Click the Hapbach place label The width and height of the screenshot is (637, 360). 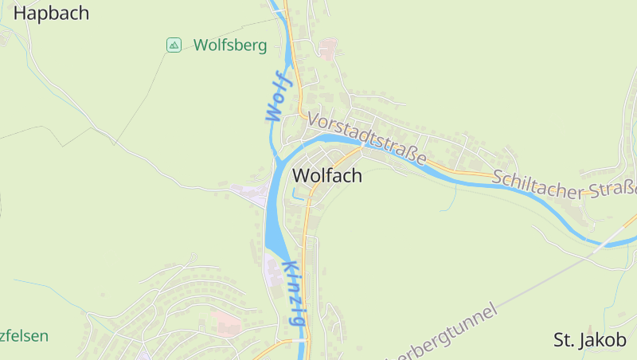pyautogui.click(x=51, y=13)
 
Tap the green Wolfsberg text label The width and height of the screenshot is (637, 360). pyautogui.click(x=229, y=45)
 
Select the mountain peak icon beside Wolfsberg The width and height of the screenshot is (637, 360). pyautogui.click(x=174, y=45)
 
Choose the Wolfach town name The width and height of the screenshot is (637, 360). pyautogui.click(x=327, y=175)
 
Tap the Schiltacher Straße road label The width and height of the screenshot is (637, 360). pyautogui.click(x=565, y=184)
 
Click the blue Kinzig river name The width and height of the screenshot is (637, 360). pyautogui.click(x=292, y=293)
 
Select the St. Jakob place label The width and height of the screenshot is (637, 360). pyautogui.click(x=590, y=340)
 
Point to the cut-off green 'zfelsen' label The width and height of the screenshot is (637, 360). pyautogui.click(x=24, y=336)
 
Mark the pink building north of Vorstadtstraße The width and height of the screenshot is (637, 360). pyautogui.click(x=327, y=48)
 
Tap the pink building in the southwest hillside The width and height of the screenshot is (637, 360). pyautogui.click(x=225, y=323)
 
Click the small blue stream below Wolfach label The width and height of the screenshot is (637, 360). pyautogui.click(x=299, y=194)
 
